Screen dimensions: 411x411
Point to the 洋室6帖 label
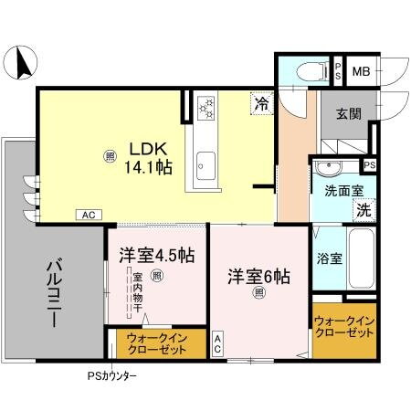(x=259, y=275)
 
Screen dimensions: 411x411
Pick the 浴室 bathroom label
(x=330, y=258)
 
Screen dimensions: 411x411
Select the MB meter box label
(x=361, y=70)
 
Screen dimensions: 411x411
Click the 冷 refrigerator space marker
(x=262, y=105)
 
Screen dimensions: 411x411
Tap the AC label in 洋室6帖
(x=218, y=344)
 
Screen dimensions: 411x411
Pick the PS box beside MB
(x=337, y=70)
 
